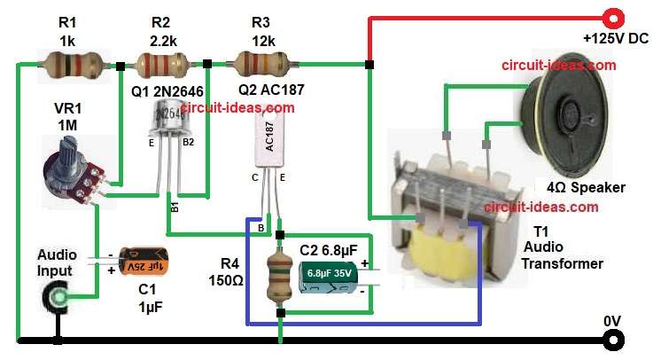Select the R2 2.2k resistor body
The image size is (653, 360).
pos(161,63)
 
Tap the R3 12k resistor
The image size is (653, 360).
pos(260,63)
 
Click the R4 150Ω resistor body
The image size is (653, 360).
pos(280,275)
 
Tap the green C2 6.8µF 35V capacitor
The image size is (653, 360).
pos(330,276)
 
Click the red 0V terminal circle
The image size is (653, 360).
pos(610,340)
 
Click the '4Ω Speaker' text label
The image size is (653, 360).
pos(586,187)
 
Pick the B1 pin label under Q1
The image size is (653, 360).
pos(174,209)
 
